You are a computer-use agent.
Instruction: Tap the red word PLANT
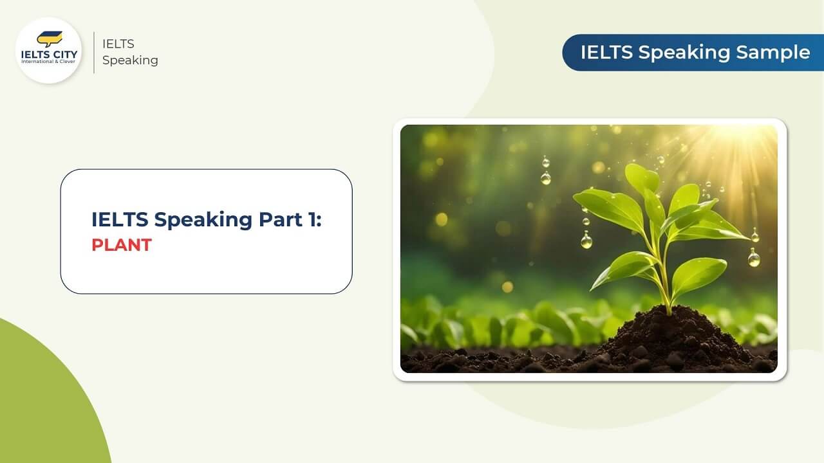[121, 245]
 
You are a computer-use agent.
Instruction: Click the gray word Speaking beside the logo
[130, 60]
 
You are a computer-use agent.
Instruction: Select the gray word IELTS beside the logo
[118, 44]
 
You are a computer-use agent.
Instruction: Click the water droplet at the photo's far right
[754, 258]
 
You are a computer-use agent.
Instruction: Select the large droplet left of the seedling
[586, 241]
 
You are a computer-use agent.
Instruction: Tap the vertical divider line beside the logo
[94, 51]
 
